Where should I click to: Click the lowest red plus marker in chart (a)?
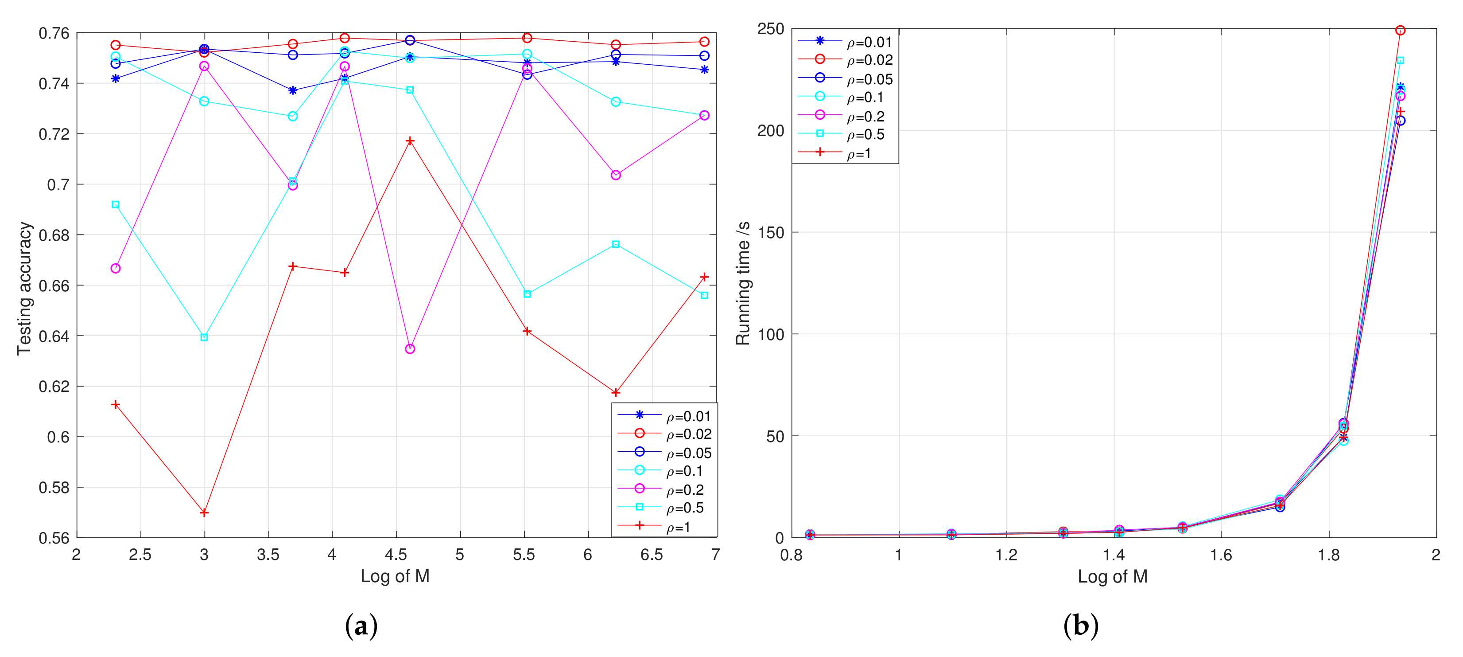205,512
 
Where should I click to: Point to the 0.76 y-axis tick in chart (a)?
54,34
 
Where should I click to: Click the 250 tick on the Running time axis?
771,29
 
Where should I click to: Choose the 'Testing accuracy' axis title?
24,288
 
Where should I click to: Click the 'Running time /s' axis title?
743,283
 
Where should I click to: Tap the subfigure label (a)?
361,626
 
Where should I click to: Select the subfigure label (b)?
1081,626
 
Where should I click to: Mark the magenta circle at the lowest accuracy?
410,349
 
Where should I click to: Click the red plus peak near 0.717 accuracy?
410,141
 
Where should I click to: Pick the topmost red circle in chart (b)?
1401,31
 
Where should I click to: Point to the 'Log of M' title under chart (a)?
395,576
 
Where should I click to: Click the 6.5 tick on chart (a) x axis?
652,555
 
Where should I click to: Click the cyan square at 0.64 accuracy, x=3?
205,338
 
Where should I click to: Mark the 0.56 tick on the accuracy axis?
54,538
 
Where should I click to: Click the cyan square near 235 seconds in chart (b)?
1401,60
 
